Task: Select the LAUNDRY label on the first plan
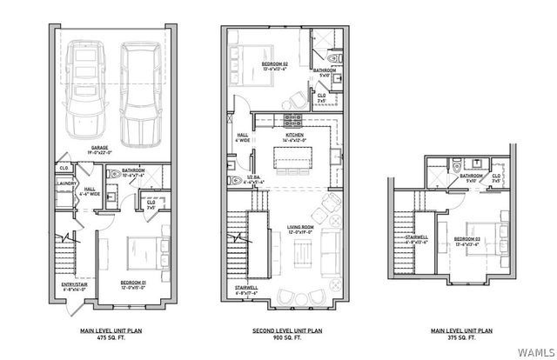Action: tap(64, 184)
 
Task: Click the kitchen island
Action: tap(292, 159)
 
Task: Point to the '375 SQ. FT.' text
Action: tap(463, 337)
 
